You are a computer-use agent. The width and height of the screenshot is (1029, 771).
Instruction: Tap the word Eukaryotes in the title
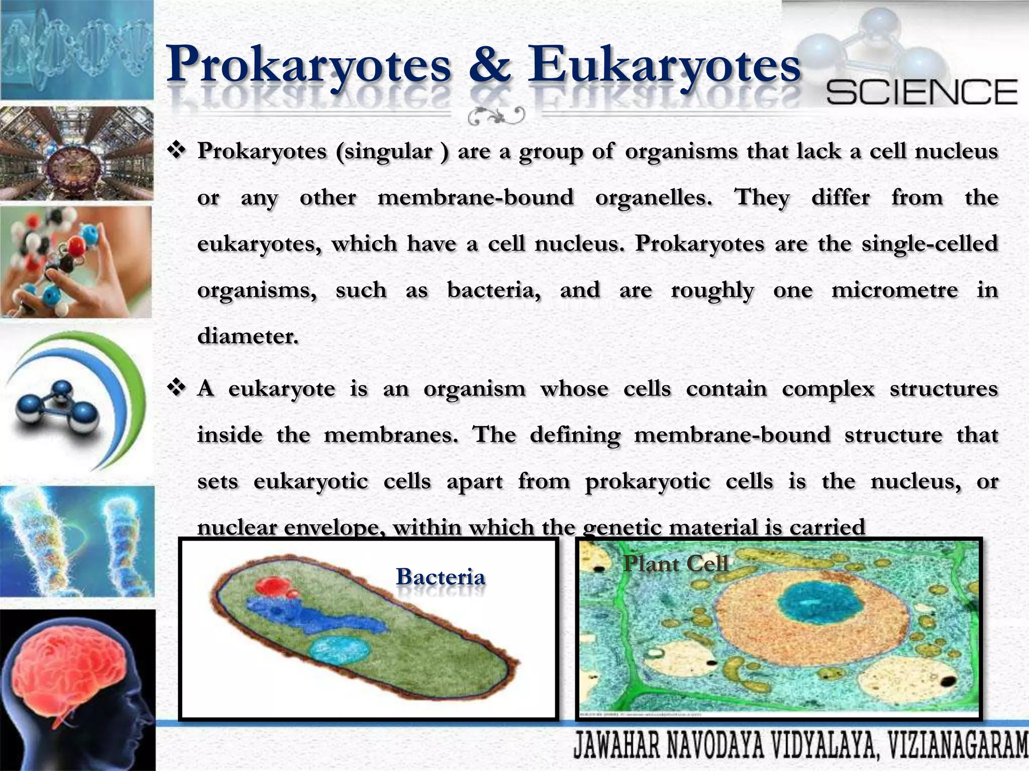point(663,65)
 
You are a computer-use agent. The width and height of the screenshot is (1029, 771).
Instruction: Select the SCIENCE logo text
point(921,92)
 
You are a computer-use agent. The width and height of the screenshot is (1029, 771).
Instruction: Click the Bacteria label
point(441,577)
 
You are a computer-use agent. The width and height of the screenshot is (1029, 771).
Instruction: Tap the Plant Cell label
point(675,564)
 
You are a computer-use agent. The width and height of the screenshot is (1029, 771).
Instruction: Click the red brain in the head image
point(70,668)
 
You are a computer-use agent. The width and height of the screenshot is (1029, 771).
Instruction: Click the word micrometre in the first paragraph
point(894,290)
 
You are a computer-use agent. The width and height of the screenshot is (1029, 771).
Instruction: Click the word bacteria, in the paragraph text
point(494,290)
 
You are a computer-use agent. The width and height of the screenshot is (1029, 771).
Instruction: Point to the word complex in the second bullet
point(828,390)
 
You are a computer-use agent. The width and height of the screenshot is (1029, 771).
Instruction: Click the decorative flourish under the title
point(495,116)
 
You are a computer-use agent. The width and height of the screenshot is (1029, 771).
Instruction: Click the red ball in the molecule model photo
point(76,245)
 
